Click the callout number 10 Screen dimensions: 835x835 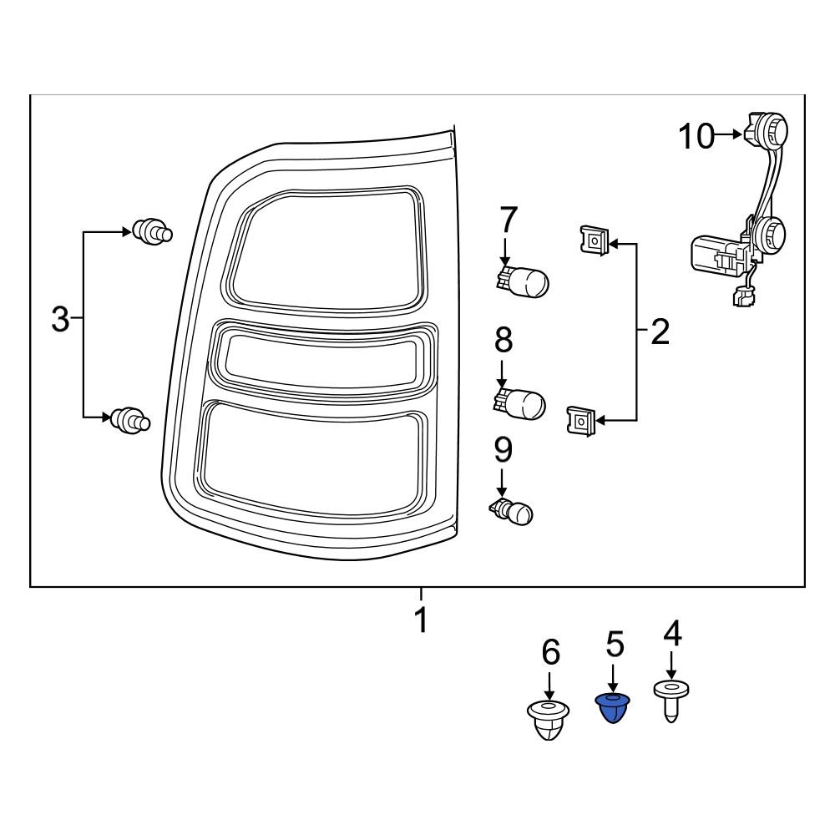(696, 135)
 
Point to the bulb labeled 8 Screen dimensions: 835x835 (522, 403)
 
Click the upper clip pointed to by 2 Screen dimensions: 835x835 (593, 242)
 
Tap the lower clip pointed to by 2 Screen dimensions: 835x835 (581, 419)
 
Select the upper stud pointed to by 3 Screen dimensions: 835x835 (151, 231)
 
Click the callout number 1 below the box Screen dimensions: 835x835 (422, 621)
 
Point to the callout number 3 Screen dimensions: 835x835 (60, 319)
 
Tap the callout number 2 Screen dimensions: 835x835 (660, 332)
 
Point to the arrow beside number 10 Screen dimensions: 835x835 (729, 134)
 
